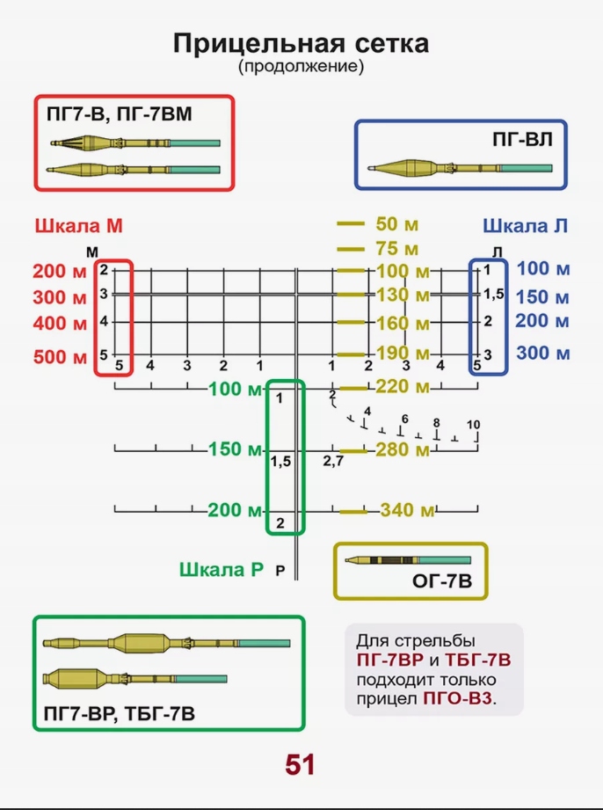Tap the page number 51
click(300, 764)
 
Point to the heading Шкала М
click(79, 226)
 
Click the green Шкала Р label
click(221, 569)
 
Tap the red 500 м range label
click(61, 357)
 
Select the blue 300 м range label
click(543, 353)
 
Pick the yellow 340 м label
click(408, 511)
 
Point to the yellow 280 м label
click(403, 450)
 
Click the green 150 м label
click(236, 450)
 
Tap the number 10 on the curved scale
click(473, 426)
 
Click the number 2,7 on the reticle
click(333, 461)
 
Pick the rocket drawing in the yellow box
click(408, 560)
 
